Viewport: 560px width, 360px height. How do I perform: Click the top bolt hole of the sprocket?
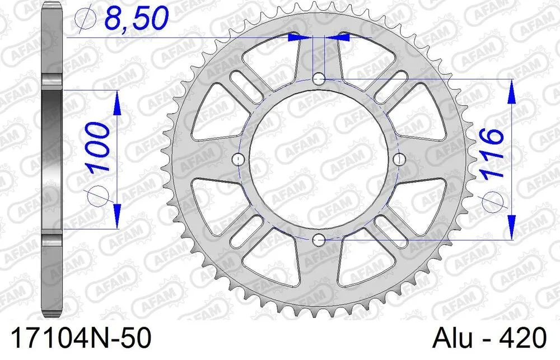click(319, 77)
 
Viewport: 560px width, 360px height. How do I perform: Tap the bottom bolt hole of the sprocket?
click(319, 241)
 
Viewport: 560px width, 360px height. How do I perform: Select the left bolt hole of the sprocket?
click(239, 160)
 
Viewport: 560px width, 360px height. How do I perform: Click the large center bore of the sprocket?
click(319, 160)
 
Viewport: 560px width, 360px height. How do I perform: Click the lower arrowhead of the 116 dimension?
click(511, 228)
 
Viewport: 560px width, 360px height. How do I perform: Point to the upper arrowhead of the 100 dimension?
click(116, 101)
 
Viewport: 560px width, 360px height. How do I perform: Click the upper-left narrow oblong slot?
click(244, 85)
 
